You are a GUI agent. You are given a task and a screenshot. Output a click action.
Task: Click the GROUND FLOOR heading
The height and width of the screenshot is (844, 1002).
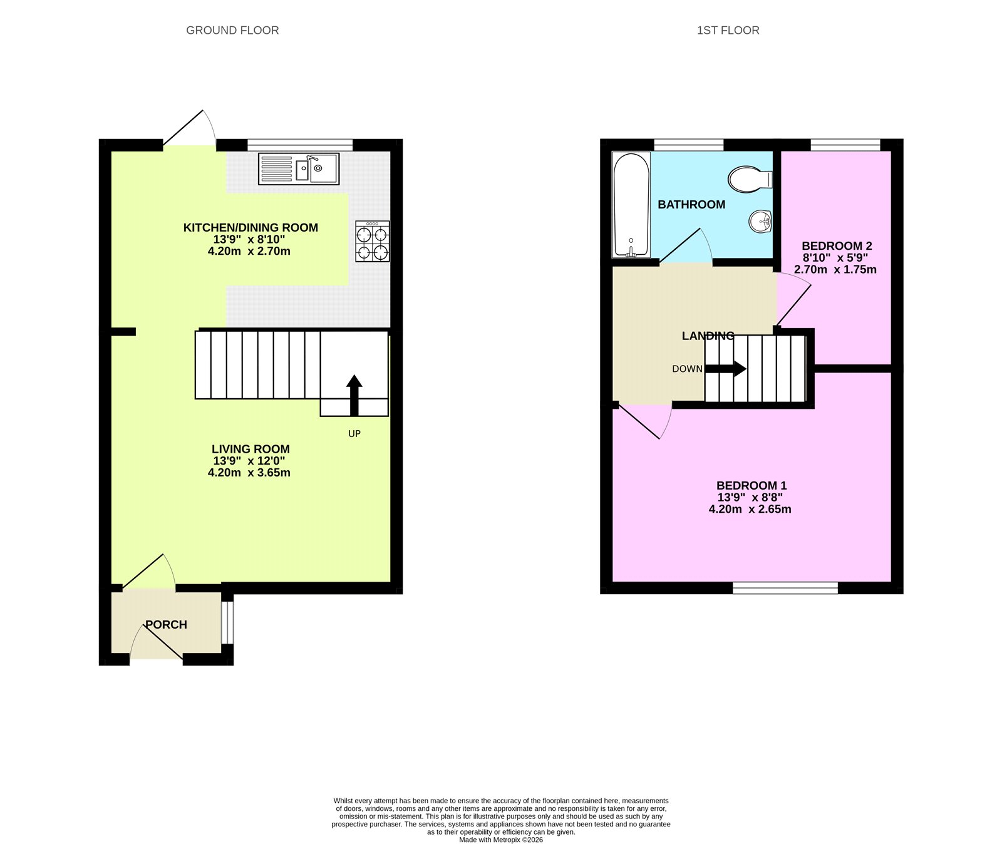point(232,30)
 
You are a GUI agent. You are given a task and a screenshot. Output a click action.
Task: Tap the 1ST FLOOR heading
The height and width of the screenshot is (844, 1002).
point(728,30)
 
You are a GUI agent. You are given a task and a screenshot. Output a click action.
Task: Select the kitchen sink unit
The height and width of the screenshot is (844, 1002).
point(299,169)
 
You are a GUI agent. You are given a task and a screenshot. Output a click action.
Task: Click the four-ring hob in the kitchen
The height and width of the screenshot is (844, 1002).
point(373,241)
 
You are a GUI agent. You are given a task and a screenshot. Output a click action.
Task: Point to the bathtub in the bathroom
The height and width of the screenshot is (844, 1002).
point(631,205)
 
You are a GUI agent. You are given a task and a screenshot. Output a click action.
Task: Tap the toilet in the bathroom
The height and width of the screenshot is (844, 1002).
point(750,179)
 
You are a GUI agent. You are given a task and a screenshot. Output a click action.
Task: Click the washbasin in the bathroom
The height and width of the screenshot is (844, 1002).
point(760,221)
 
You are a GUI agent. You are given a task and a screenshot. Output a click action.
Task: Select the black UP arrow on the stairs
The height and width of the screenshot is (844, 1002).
point(354,394)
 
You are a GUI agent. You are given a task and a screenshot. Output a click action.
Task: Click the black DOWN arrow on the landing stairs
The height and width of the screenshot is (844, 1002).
point(726,369)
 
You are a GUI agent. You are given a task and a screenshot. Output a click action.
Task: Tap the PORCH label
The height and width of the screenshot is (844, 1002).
point(166,624)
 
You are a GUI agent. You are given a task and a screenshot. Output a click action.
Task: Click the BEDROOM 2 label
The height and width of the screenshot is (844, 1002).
point(837,246)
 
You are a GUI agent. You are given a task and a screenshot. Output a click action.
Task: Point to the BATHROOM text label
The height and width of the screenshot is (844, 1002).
point(691,205)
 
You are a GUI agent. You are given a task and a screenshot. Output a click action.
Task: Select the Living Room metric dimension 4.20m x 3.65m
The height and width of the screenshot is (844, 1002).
point(249,473)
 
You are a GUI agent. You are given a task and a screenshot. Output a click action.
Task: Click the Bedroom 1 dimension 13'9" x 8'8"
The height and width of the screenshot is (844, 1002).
point(750,497)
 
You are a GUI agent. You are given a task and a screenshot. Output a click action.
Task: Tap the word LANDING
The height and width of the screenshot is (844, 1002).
point(708,336)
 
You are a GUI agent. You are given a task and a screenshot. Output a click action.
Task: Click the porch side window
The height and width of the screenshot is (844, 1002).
point(228,622)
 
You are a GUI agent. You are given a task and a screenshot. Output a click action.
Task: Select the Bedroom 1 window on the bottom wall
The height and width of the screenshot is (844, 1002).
point(785,587)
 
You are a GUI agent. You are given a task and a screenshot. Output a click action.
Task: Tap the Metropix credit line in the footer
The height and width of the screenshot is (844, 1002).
point(501,840)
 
